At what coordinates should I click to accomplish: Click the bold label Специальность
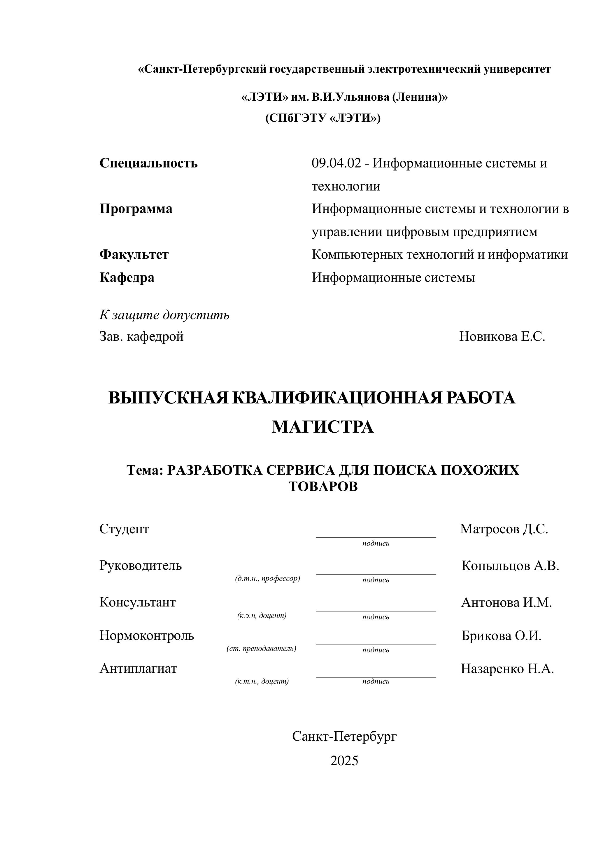point(148,163)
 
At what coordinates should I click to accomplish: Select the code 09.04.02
point(336,163)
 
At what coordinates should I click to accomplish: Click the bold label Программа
point(136,209)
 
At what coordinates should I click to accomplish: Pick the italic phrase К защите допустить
point(164,315)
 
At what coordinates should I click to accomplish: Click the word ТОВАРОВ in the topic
point(323,487)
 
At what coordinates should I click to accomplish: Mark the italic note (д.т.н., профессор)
point(267,578)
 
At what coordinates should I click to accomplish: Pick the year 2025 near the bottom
point(344,761)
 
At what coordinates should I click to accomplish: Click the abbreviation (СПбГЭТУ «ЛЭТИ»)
point(323,118)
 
